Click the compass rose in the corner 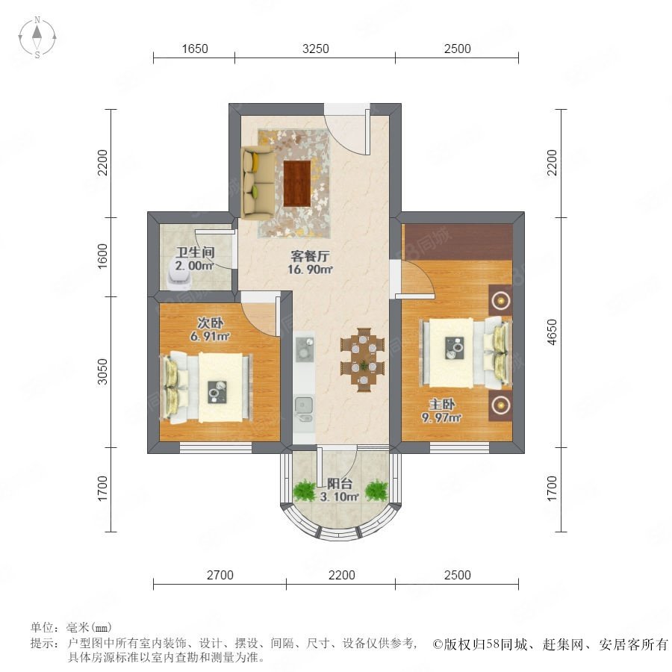[x=37, y=37]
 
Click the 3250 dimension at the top [x=315, y=49]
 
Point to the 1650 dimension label [x=195, y=49]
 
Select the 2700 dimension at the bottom [x=220, y=575]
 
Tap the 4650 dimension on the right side [x=552, y=332]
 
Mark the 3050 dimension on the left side [x=102, y=371]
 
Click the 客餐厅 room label [x=310, y=256]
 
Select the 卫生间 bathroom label [x=195, y=252]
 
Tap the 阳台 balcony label [x=340, y=484]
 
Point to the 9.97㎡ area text [x=441, y=417]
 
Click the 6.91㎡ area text [x=210, y=336]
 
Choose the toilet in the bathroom [x=179, y=274]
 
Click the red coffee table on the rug [x=297, y=183]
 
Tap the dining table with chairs [x=363, y=359]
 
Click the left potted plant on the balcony [x=305, y=490]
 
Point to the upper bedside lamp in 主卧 [x=500, y=300]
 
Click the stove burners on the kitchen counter [x=305, y=348]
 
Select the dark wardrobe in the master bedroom [x=458, y=241]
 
